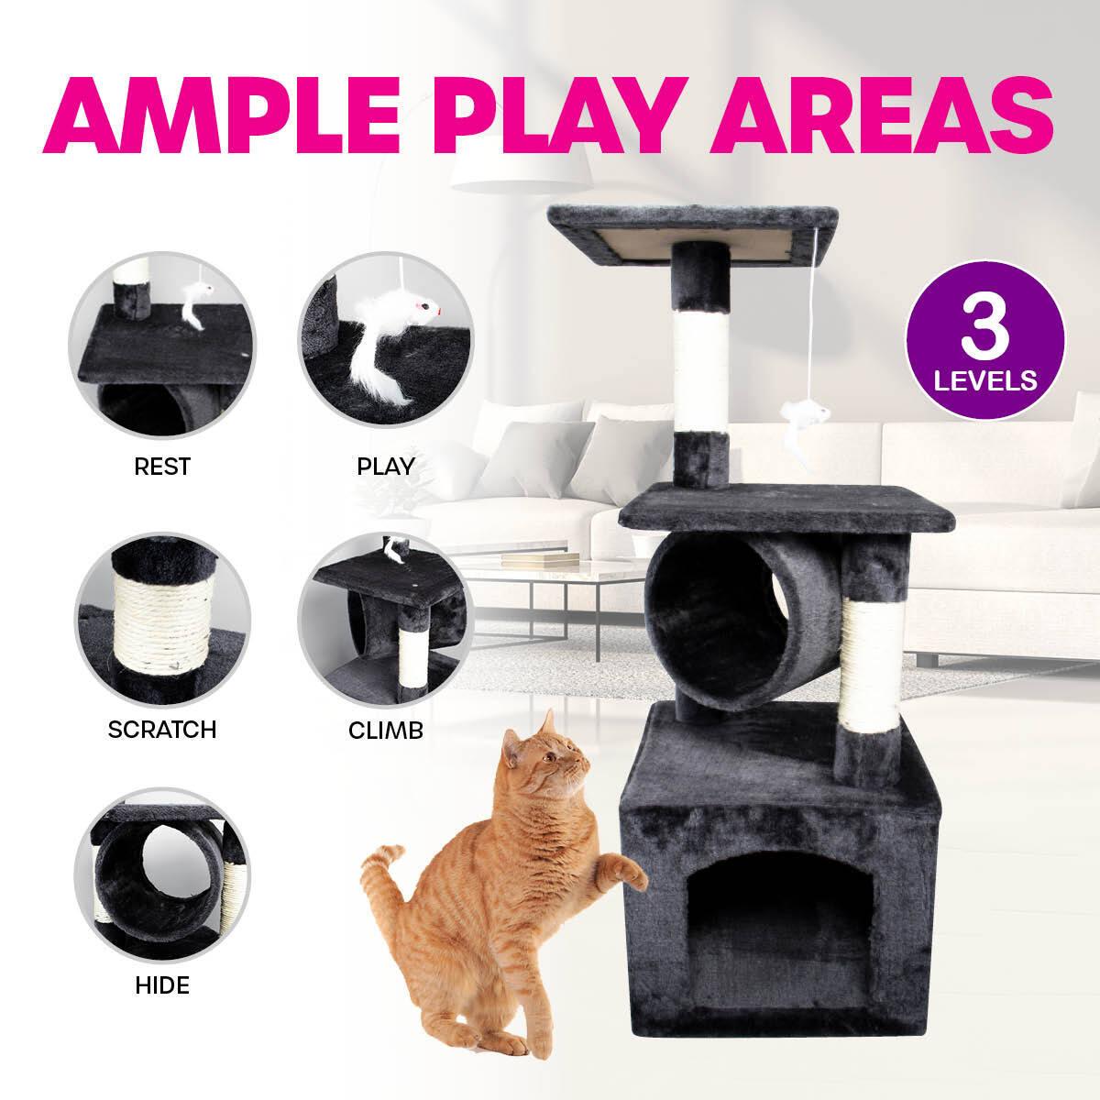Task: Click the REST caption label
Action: click(161, 467)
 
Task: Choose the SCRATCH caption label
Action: click(161, 730)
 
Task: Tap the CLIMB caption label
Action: click(385, 731)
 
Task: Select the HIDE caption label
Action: click(161, 986)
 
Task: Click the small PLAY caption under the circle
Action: click(385, 467)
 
